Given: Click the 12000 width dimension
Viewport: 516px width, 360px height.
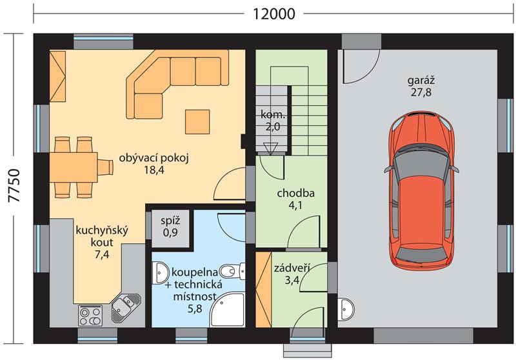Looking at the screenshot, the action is [273, 14].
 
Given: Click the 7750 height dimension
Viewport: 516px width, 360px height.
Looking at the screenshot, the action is [15, 186].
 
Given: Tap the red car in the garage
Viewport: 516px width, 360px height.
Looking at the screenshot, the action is [422, 189].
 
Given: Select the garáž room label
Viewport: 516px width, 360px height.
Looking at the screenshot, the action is [421, 80].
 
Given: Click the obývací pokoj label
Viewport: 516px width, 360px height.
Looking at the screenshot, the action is [154, 158].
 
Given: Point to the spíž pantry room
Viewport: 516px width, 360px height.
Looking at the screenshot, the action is [170, 228].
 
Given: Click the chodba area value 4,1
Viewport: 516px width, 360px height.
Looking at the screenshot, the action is [295, 205].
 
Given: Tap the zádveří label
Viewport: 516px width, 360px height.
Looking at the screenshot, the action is [292, 268].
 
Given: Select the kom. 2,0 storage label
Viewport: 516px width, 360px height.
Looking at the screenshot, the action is [272, 120].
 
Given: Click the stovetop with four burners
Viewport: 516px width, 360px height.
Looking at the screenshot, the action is [90, 315].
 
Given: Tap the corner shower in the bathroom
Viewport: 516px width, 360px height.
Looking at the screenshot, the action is [228, 309].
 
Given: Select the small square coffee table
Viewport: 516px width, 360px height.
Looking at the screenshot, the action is [197, 122].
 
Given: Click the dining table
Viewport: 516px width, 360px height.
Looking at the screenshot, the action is [74, 167].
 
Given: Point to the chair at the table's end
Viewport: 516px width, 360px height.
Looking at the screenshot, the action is [106, 167].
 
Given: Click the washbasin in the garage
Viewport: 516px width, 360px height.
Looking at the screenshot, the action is [346, 309].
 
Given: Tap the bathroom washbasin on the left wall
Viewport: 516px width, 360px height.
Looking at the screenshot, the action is [160, 272].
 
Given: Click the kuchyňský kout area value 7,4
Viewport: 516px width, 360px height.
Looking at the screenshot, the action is [102, 254].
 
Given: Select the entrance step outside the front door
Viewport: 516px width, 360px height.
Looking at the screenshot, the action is [307, 350].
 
